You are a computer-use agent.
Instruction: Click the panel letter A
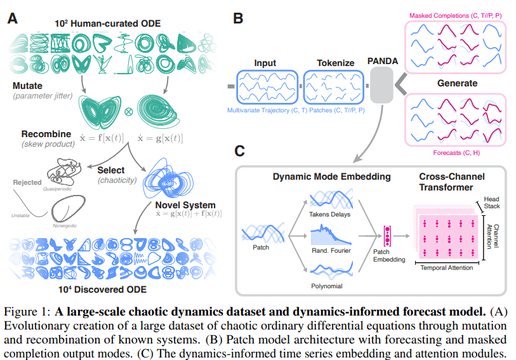(13, 18)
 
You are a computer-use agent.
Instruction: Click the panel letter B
(238, 18)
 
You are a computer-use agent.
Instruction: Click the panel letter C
(239, 151)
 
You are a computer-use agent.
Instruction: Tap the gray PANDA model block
(381, 85)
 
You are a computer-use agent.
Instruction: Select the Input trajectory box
(267, 87)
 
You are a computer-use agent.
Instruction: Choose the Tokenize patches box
(333, 87)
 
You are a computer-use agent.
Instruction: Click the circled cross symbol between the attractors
(128, 112)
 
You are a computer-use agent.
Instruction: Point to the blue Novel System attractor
(168, 179)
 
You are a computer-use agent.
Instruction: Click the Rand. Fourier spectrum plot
(331, 235)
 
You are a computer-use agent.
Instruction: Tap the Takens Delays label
(330, 215)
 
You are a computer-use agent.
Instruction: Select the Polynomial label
(327, 286)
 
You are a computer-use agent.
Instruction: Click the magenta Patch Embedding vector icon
(387, 236)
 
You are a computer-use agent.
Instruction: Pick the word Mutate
(27, 86)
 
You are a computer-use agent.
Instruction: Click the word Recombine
(46, 134)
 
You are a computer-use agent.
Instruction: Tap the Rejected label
(27, 182)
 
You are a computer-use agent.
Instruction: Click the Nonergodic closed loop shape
(69, 197)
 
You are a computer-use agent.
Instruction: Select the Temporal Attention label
(447, 268)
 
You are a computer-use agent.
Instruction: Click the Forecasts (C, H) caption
(456, 152)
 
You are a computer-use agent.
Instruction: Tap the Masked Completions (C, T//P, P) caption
(456, 15)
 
